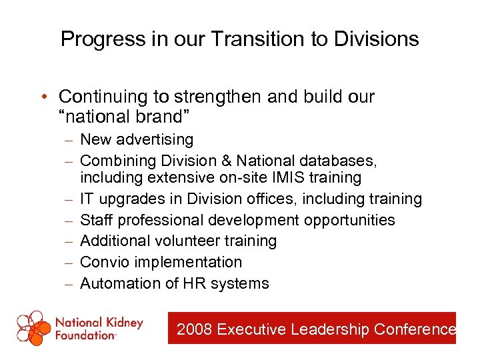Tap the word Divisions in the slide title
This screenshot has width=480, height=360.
377,39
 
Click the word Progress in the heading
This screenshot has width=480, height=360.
101,39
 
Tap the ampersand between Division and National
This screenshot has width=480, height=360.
224,161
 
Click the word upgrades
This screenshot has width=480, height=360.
128,199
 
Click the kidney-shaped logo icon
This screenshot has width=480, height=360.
34,327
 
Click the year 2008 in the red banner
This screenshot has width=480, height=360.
195,329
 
